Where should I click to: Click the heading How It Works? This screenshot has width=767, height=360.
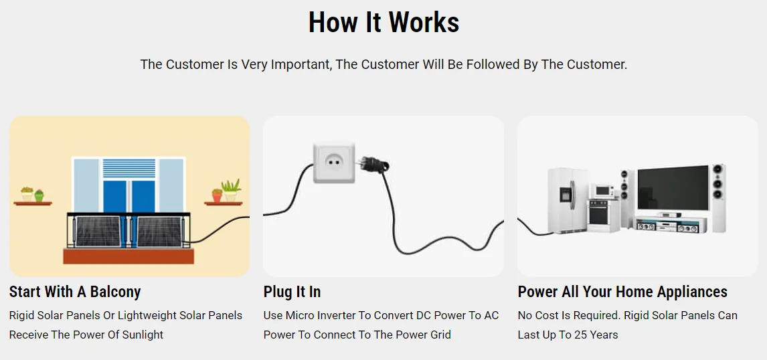coord(383,23)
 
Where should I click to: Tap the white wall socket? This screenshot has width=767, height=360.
coord(333,162)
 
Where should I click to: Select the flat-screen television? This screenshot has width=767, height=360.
coord(672,189)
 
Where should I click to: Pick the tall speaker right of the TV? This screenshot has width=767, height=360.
coord(717,197)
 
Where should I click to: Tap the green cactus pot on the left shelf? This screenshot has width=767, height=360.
coord(39,195)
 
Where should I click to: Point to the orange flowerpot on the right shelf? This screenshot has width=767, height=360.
coord(217,195)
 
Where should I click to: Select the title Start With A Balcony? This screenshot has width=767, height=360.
coord(75,292)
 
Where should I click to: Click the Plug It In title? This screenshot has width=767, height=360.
coord(292,292)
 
